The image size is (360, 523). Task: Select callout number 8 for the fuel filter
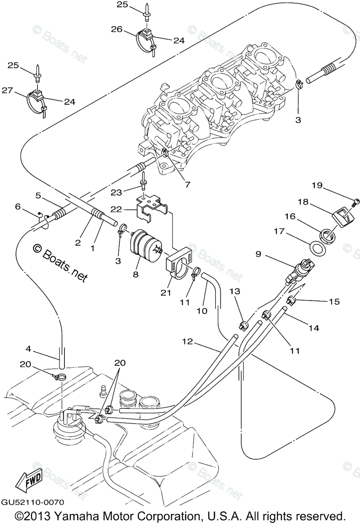coord(136,275)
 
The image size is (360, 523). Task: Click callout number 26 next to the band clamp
coord(116,29)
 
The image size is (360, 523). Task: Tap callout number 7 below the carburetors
coord(187,184)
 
